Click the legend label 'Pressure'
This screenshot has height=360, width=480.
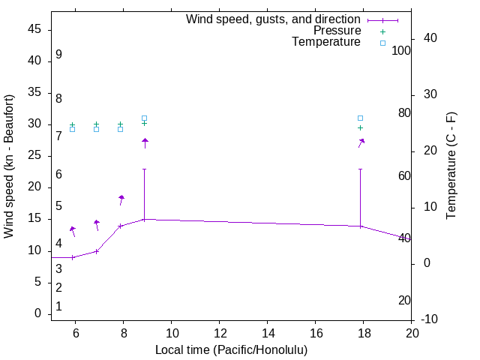[x=337, y=31]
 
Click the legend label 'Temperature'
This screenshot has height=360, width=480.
[x=326, y=42]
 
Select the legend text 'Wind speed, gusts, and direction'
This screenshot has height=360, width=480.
[x=274, y=19]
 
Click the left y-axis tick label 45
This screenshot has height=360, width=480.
[x=34, y=29]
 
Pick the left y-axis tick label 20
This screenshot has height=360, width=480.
[x=34, y=187]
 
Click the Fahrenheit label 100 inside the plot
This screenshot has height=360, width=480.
[x=401, y=51]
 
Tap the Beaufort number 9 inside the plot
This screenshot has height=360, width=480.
[x=58, y=55]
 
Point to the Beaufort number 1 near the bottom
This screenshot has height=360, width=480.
[x=58, y=307]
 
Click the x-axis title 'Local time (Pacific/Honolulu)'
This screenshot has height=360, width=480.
[x=231, y=350]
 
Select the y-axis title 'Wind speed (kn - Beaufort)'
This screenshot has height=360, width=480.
[x=9, y=166]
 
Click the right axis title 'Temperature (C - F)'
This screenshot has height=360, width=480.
[x=451, y=166]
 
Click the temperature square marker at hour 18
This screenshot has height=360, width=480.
[x=361, y=118]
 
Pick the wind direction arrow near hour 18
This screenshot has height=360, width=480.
[x=361, y=142]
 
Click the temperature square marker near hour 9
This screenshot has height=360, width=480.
[x=145, y=118]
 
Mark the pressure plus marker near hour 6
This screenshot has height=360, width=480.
[x=73, y=124]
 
